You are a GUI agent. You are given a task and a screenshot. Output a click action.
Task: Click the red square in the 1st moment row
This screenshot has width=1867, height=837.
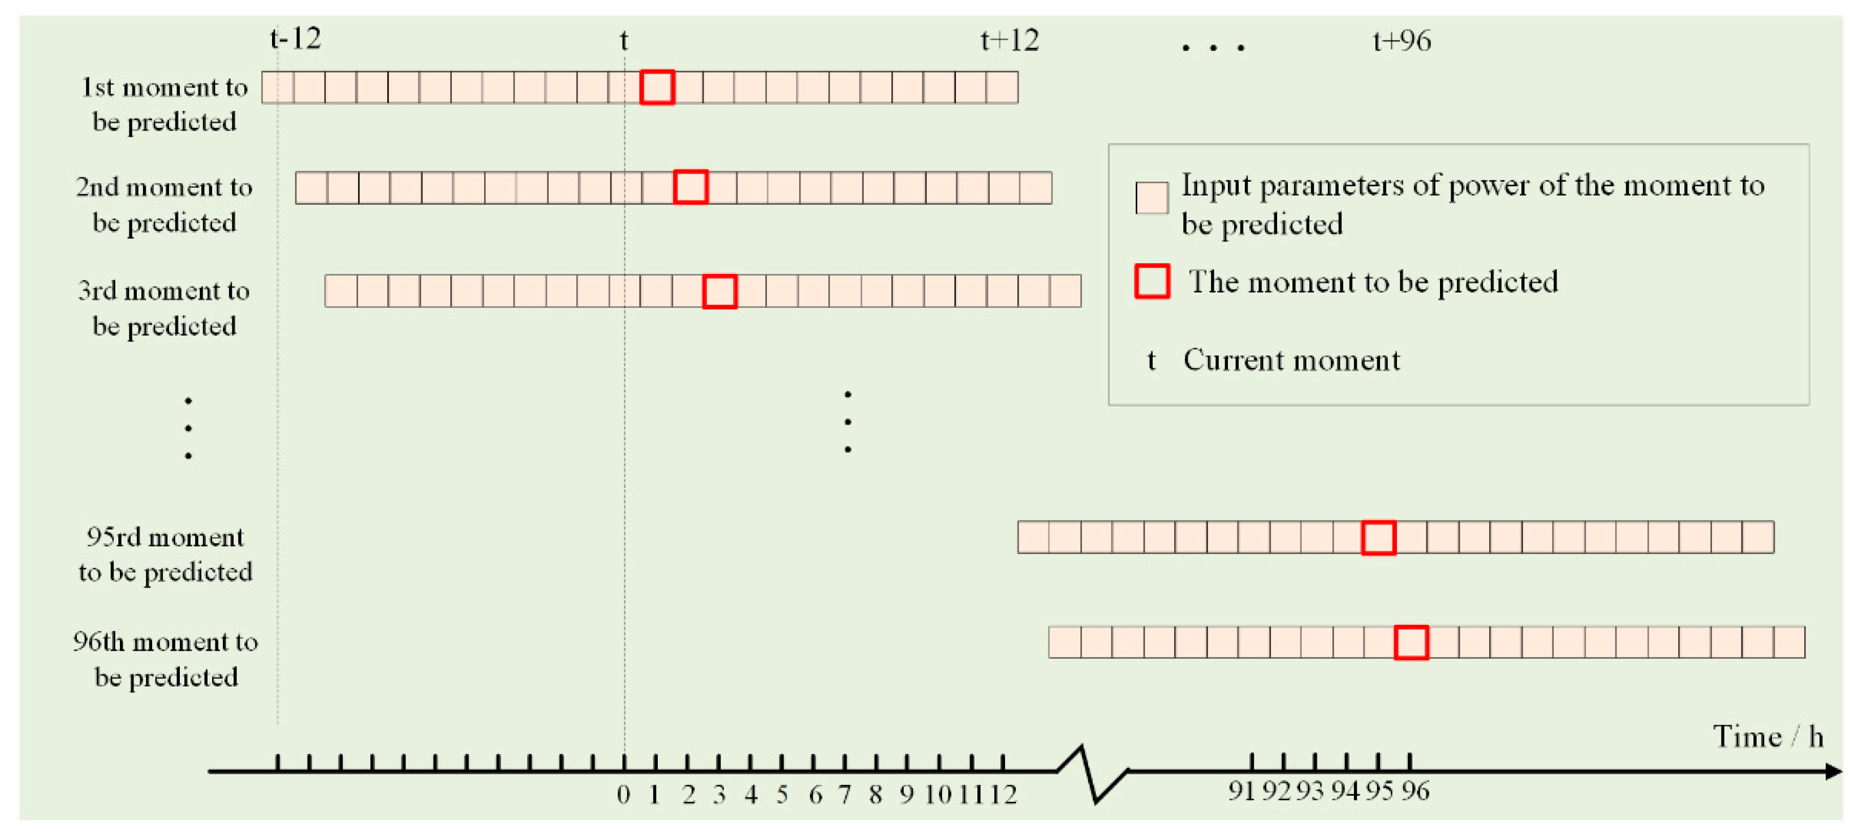pyautogui.click(x=657, y=87)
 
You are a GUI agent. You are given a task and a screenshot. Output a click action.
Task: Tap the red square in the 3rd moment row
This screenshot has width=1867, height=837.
pyautogui.click(x=719, y=291)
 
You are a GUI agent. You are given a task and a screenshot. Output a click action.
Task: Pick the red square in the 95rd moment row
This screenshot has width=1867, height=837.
pyautogui.click(x=1378, y=538)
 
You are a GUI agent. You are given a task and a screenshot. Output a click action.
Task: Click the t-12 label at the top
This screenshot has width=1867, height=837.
pyautogui.click(x=295, y=38)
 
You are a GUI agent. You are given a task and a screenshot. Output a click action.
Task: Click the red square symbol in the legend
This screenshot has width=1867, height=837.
pyautogui.click(x=1151, y=281)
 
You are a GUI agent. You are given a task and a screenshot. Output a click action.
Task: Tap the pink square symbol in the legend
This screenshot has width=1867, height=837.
pyautogui.click(x=1151, y=198)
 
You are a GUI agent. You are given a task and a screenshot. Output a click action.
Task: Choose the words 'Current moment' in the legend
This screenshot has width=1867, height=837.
pyautogui.click(x=1292, y=360)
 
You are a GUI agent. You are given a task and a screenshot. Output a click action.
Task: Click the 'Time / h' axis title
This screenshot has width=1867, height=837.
pyautogui.click(x=1767, y=736)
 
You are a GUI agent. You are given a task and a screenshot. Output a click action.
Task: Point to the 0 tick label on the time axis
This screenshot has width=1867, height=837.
pyautogui.click(x=623, y=795)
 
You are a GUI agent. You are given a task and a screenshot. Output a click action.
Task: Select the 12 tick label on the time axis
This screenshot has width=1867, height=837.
pyautogui.click(x=1003, y=795)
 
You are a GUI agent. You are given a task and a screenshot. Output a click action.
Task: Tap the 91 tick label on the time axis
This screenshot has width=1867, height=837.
pyautogui.click(x=1241, y=791)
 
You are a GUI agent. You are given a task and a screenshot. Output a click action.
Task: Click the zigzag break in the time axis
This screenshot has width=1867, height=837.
pyautogui.click(x=1091, y=773)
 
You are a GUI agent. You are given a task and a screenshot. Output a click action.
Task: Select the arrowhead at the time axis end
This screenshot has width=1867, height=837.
pyautogui.click(x=1833, y=771)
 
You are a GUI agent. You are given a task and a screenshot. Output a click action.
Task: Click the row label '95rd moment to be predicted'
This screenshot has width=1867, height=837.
pyautogui.click(x=165, y=554)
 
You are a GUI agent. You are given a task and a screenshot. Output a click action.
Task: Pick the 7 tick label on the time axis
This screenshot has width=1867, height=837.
pyautogui.click(x=844, y=795)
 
